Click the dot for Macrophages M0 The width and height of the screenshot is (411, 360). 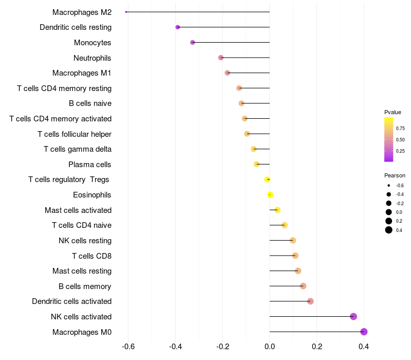tap(364, 332)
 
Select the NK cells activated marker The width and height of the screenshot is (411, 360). tap(353, 316)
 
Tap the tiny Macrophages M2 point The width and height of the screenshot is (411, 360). tap(126, 12)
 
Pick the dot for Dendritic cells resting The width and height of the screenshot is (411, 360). tap(178, 27)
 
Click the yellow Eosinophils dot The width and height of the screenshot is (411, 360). tap(270, 194)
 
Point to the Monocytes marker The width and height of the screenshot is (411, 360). tap(193, 42)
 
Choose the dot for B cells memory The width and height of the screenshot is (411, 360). tap(303, 286)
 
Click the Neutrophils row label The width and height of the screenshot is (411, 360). tap(92, 58)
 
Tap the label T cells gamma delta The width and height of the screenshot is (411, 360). tap(78, 149)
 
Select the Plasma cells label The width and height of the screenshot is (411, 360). tap(90, 165)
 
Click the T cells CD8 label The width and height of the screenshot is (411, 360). tap(92, 256)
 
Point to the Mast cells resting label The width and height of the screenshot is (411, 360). tap(82, 271)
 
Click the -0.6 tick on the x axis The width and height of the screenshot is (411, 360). tap(128, 346)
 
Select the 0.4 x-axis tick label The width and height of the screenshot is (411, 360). tap(364, 346)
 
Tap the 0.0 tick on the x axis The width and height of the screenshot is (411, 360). tap(270, 346)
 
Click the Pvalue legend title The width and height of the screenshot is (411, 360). tap(393, 112)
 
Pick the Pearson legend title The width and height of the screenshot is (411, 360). tap(395, 175)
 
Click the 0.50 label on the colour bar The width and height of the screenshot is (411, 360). tap(400, 139)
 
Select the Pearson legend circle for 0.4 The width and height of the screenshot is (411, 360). tap(389, 230)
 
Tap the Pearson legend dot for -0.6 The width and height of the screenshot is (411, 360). tap(389, 185)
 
